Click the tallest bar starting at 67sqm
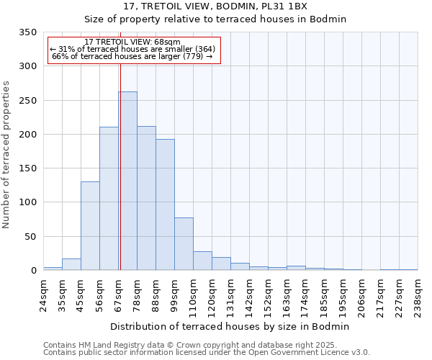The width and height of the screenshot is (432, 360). coord(127,181)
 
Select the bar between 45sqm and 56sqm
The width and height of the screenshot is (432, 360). coord(90,225)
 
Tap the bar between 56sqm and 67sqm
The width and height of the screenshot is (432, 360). coord(109,198)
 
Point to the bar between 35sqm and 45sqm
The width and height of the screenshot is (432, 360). coord(71,264)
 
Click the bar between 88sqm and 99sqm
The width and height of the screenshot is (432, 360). coord(165,204)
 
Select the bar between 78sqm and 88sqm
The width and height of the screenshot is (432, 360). coord(146,198)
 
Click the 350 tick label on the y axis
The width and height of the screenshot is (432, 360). coord(27,32)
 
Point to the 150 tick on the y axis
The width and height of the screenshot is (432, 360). coord(27,168)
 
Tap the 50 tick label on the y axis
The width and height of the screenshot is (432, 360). coord(30,236)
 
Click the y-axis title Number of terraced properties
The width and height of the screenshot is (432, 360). coord(7,154)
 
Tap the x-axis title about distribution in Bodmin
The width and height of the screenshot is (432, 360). coord(230,326)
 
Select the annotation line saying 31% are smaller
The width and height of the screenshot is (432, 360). coord(132,49)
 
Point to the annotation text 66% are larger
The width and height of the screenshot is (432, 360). coord(132,56)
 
